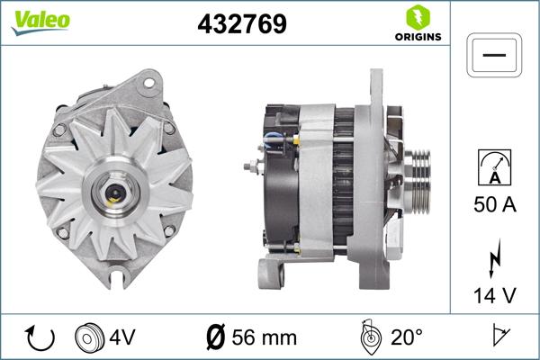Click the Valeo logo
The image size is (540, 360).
[40, 21]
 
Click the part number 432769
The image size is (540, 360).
[241, 24]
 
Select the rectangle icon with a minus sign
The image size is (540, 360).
[494, 56]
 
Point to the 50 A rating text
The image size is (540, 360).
[494, 205]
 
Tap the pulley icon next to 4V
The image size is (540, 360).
[88, 338]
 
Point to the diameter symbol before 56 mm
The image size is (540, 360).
[215, 338]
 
